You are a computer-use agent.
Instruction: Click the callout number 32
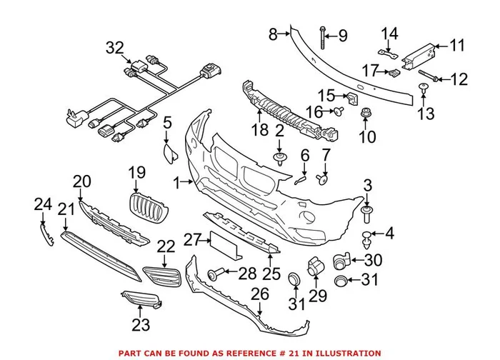click(114, 48)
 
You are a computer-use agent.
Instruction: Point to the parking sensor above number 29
click(313, 268)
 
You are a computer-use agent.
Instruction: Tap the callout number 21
click(66, 209)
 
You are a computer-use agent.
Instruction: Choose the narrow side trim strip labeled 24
click(47, 234)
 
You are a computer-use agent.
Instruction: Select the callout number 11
click(456, 46)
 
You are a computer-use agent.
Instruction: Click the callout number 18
click(259, 130)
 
